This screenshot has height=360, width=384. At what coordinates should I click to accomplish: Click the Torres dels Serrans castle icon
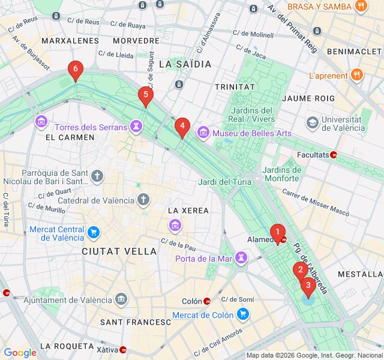pos(137,127)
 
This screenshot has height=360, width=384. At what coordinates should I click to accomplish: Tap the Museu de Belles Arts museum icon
pos(203,132)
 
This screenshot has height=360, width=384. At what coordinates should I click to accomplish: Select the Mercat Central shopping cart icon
pos(94,232)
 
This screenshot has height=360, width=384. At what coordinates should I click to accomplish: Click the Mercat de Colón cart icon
pos(243,314)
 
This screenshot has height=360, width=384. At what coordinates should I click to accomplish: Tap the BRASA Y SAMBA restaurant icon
pos(361,7)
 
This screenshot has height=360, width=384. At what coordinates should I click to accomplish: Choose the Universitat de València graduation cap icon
pos(312,122)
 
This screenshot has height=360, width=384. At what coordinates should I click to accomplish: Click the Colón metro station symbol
pos(207,301)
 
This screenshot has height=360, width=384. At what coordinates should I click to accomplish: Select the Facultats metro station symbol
pos(334,154)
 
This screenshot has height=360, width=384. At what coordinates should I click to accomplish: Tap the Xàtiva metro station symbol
pos(123,349)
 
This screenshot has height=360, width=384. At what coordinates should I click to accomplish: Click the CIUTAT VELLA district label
pos(119,251)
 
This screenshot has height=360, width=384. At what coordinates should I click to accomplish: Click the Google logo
pos(20,352)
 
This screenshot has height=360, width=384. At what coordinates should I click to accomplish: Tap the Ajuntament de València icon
pos(121,299)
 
